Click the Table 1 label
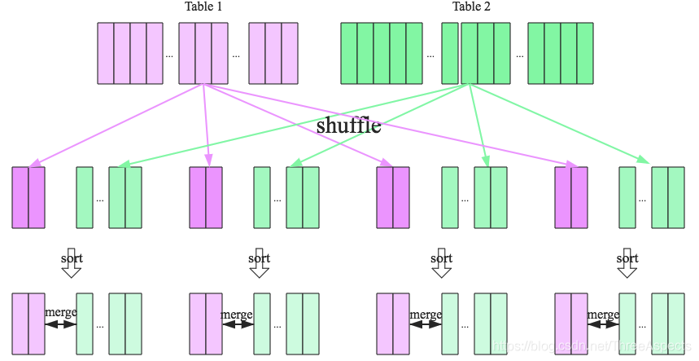click(x=203, y=7)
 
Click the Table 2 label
click(x=472, y=7)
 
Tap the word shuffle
click(x=348, y=126)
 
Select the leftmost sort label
click(x=72, y=258)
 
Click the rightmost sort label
click(x=627, y=258)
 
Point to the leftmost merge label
click(x=60, y=314)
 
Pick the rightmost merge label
click(x=603, y=314)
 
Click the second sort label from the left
click(x=259, y=258)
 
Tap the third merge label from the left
click(x=426, y=314)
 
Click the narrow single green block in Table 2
click(x=450, y=53)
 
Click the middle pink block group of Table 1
click(x=203, y=53)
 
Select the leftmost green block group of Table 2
click(x=382, y=53)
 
